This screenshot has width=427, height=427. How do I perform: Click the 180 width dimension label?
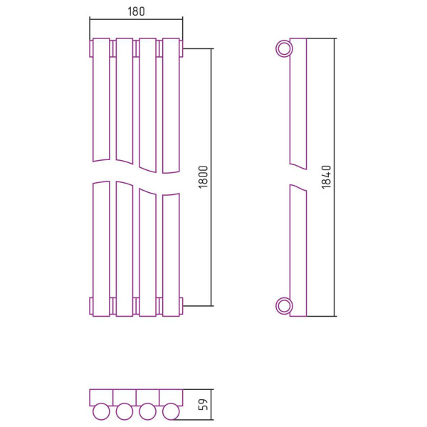136,11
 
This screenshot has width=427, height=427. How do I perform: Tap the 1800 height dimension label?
203,177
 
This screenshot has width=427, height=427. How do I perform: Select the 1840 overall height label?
326,177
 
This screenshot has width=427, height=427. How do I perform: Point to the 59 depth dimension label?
203,404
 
